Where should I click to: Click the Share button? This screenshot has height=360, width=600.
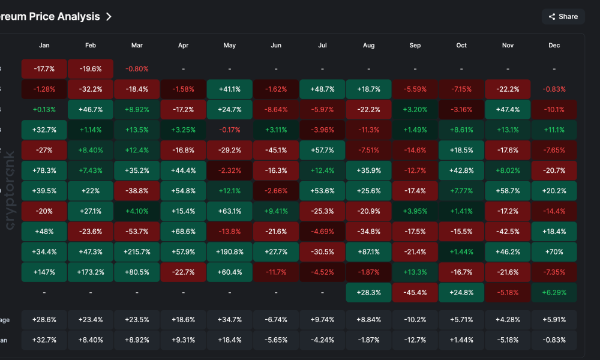tap(563, 17)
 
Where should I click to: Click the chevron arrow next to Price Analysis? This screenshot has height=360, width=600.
tap(109, 17)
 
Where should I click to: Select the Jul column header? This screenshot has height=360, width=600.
tap(322, 46)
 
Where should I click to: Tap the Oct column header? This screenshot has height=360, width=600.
tap(461, 46)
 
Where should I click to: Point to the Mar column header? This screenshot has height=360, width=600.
tap(137, 46)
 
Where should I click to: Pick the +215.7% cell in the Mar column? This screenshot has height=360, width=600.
tap(137, 252)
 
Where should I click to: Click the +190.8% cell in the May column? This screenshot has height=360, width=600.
tap(230, 252)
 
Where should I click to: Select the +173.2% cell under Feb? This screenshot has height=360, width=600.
tap(91, 272)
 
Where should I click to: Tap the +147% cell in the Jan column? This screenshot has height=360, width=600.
tap(44, 272)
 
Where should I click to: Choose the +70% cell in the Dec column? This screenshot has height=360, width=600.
tap(554, 252)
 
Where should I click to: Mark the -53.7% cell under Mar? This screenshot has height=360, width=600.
tap(137, 232)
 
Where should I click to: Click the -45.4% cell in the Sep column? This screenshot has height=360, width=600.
tap(415, 293)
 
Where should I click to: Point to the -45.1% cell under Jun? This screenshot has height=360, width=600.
tap(276, 150)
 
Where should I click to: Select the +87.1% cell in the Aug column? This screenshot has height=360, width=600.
tap(368, 252)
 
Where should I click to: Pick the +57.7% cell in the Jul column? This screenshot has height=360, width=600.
tap(322, 150)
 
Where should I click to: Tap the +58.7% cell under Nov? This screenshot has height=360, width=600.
tap(508, 191)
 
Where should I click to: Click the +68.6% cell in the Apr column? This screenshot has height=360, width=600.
tap(183, 232)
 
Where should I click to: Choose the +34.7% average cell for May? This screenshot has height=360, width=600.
tap(230, 320)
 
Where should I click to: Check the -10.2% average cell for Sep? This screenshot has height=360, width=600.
tap(415, 320)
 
